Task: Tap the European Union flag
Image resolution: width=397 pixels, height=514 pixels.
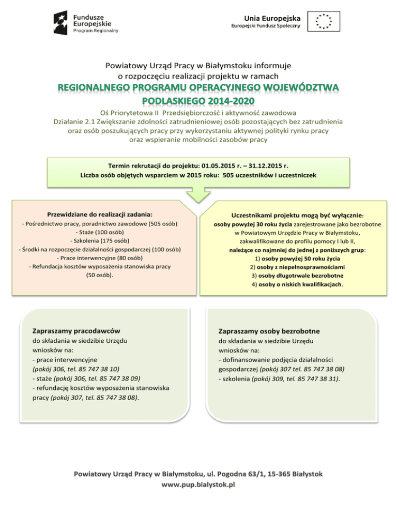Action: (x=324, y=21)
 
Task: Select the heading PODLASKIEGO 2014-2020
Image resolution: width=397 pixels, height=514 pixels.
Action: (x=198, y=99)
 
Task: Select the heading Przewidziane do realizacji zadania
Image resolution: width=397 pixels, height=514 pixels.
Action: (x=100, y=214)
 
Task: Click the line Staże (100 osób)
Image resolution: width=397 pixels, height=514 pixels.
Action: (x=100, y=232)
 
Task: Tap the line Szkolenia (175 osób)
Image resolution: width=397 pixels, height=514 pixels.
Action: (x=100, y=240)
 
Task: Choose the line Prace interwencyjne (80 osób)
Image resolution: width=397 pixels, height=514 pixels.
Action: (x=100, y=258)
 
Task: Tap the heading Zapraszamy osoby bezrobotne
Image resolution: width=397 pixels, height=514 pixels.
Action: (x=269, y=330)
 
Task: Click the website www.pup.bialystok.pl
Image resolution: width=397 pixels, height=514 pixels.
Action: (x=198, y=485)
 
